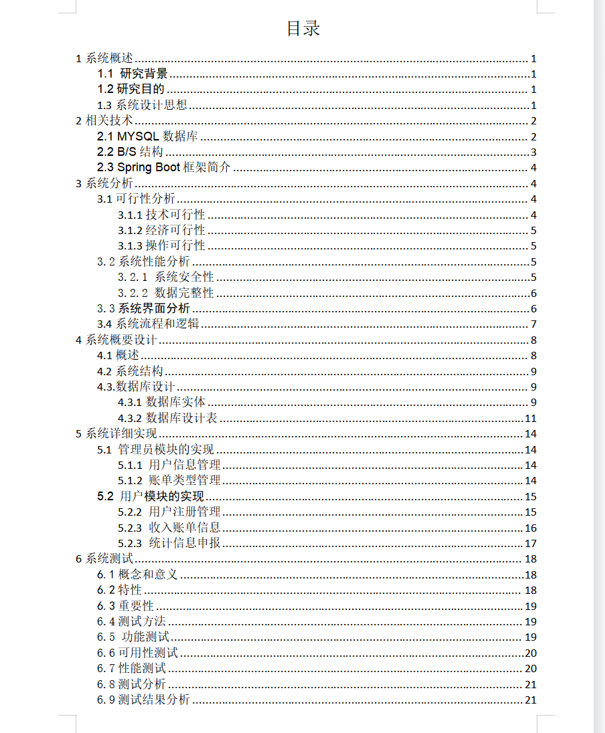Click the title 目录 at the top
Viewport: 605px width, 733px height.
pos(303,28)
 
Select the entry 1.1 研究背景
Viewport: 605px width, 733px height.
pos(133,74)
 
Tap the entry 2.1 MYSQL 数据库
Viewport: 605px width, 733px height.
pos(147,137)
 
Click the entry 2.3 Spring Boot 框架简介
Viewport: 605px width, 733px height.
pos(164,167)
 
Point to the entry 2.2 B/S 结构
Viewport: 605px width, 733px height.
pos(130,152)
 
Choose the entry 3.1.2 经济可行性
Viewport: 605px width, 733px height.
pos(161,230)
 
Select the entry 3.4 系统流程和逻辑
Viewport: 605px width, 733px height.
pos(148,324)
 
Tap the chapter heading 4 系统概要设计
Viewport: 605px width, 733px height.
pos(116,340)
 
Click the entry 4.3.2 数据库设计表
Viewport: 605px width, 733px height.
pos(167,418)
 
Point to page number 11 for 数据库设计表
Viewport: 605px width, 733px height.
pos(530,419)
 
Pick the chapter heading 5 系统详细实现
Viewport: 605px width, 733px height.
pos(116,433)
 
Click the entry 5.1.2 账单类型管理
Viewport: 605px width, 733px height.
pos(169,480)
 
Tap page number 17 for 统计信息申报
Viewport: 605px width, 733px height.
pos(530,544)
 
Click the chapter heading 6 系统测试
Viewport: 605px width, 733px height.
pos(104,558)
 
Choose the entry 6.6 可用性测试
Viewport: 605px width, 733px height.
pos(137,653)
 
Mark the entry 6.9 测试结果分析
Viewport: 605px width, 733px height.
pos(143,700)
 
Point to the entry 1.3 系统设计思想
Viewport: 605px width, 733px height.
pos(142,105)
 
